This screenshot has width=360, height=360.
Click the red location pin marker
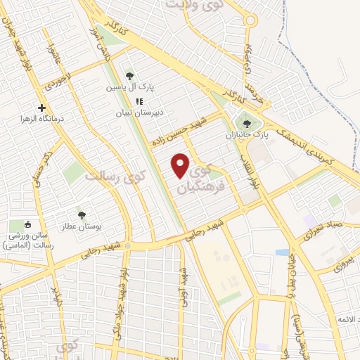click(181, 165)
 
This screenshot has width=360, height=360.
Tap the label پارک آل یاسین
click(130, 88)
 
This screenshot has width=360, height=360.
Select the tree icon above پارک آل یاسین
click(129, 76)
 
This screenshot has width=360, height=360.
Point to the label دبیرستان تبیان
click(140, 112)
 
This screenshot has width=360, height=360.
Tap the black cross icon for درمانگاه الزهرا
click(41, 108)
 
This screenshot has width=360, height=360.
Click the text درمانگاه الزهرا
click(41, 120)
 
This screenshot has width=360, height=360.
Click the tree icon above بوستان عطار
click(82, 213)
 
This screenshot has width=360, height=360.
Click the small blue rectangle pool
click(282, 252)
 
